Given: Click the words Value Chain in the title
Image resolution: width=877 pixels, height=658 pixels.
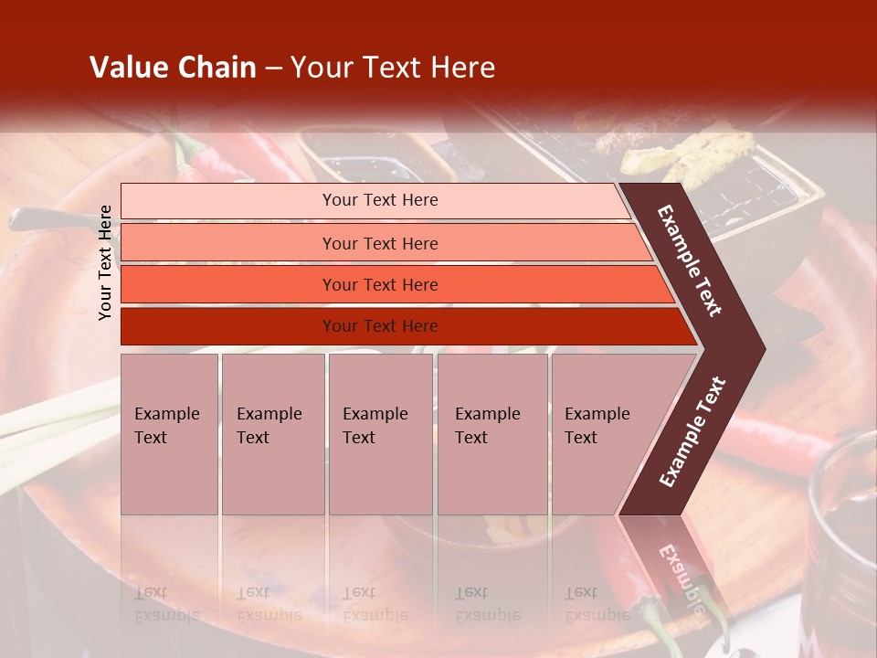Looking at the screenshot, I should click(x=173, y=68).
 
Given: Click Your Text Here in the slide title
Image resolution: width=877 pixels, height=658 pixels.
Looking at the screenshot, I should click(x=393, y=68).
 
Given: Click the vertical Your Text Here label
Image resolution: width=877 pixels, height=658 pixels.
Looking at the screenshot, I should click(x=105, y=262).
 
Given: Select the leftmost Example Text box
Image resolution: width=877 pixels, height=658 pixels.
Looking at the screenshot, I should click(x=169, y=434).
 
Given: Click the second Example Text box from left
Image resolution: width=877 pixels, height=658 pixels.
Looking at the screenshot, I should click(x=272, y=434).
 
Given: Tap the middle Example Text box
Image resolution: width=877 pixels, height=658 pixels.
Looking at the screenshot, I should click(x=380, y=434).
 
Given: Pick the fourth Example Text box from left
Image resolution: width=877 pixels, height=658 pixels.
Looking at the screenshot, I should click(x=491, y=434).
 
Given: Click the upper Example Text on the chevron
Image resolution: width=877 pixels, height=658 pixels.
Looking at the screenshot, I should click(x=690, y=260).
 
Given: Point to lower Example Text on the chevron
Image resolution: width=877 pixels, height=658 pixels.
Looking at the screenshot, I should click(x=692, y=431).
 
